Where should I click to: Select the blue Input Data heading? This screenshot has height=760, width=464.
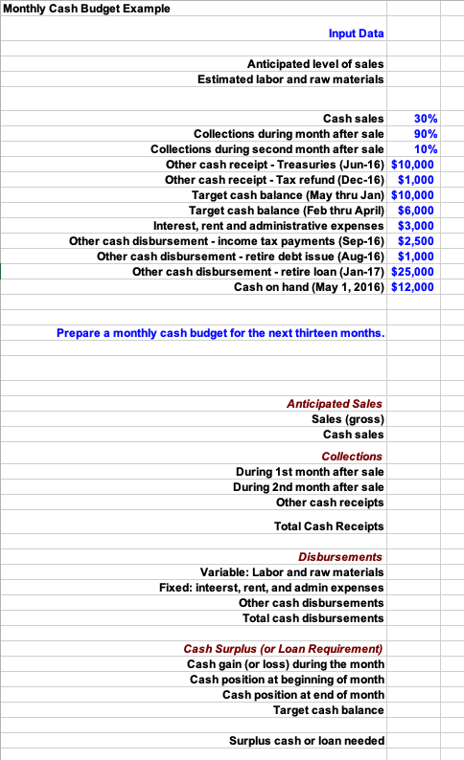point(356,34)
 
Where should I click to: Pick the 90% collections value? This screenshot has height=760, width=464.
point(426,134)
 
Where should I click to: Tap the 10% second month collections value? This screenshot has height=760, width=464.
point(426,149)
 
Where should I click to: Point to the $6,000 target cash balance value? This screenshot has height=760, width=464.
point(417,210)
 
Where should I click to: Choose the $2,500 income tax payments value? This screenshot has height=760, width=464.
point(417,240)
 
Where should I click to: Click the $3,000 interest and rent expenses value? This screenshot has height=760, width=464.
point(417,225)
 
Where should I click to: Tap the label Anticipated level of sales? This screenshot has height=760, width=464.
point(315,63)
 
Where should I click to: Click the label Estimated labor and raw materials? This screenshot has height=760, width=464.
point(290,78)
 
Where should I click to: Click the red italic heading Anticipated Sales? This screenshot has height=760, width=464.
point(335,404)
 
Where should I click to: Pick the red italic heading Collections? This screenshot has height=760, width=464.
point(352,457)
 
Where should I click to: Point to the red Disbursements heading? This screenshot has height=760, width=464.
point(340,556)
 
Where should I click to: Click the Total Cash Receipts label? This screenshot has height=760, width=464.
point(329,526)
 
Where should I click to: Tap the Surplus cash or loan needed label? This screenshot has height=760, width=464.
point(307,741)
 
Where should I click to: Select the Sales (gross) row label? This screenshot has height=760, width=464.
point(348,419)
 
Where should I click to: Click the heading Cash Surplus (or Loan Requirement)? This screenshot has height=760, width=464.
point(283,649)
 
